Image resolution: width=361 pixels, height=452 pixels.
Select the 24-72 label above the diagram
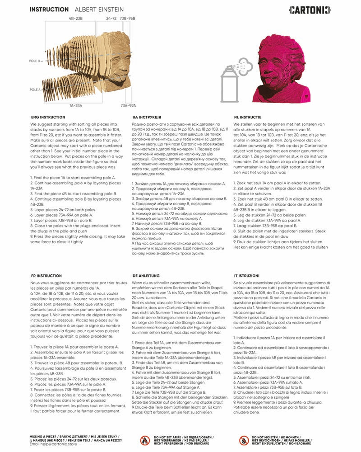coord(111,19)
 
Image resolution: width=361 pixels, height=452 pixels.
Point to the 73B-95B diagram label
coord(128,19)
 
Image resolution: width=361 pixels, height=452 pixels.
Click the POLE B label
coord(36,60)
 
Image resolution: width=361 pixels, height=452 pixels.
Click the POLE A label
coord(36,89)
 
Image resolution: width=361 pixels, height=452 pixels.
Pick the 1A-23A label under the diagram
coord(76,105)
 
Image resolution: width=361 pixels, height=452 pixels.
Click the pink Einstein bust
coord(283,68)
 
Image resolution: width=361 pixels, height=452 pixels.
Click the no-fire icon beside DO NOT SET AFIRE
coord(144,440)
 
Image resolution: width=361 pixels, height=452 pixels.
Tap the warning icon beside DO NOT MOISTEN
coord(244,440)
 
